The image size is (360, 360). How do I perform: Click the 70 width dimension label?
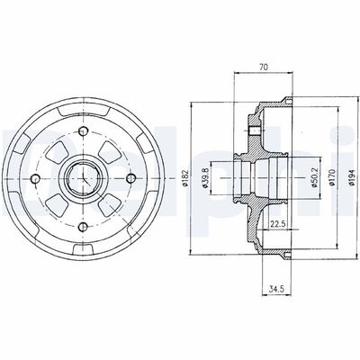[263, 67]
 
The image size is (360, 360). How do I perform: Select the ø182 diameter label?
[184, 178]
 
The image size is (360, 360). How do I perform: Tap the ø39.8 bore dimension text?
[205, 178]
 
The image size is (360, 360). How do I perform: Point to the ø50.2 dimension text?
[314, 178]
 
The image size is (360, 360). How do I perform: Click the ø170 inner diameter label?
[332, 177]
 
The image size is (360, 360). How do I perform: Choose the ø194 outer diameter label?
[352, 177]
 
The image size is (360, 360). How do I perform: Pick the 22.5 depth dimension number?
[277, 223]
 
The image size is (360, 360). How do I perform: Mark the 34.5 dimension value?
[276, 290]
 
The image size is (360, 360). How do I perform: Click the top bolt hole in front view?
[83, 131]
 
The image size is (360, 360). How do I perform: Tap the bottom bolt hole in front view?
[83, 227]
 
